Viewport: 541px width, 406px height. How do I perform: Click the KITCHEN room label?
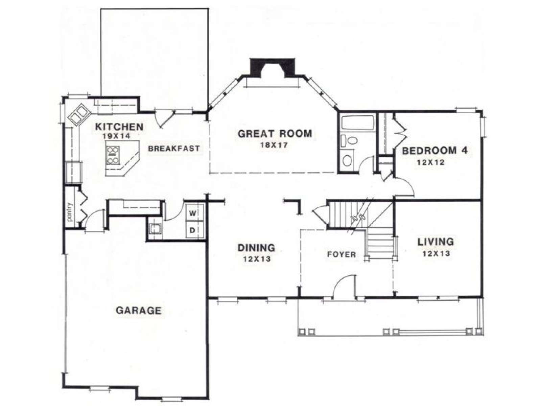[x=119, y=127]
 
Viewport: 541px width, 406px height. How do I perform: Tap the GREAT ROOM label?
[x=275, y=134]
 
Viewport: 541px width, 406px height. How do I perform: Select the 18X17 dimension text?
[x=274, y=145]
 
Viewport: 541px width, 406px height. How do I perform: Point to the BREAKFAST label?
[x=174, y=149]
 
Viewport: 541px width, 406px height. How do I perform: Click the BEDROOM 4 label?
[x=435, y=151]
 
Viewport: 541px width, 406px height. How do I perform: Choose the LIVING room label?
[x=436, y=242]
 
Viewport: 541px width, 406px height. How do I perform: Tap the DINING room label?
[x=256, y=248]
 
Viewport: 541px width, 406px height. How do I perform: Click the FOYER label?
[x=342, y=254]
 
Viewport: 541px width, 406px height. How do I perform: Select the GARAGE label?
[x=139, y=310]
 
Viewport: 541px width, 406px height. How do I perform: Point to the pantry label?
[x=70, y=211]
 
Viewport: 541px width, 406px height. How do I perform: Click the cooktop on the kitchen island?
[x=113, y=156]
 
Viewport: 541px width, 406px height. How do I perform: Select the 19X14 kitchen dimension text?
[x=116, y=136]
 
